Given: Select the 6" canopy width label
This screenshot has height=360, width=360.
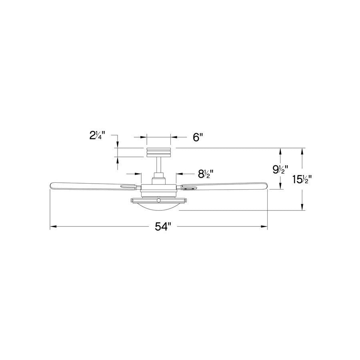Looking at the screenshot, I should pyautogui.click(x=198, y=137).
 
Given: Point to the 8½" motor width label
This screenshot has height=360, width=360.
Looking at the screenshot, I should pyautogui.click(x=205, y=174).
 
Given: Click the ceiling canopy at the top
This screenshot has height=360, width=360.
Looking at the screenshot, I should pyautogui.click(x=159, y=152).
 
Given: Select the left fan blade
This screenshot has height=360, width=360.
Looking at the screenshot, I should pyautogui.click(x=92, y=185).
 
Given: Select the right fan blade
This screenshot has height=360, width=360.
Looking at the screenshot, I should pyautogui.click(x=224, y=184).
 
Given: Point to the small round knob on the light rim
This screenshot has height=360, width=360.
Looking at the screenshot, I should pyautogui.click(x=159, y=200).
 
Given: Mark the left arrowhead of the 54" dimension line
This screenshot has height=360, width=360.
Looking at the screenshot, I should pyautogui.click(x=52, y=227).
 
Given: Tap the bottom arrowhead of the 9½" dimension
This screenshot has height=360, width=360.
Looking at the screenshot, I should pyautogui.click(x=281, y=186).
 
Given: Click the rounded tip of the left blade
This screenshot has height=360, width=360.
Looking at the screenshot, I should pyautogui.click(x=51, y=186).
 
